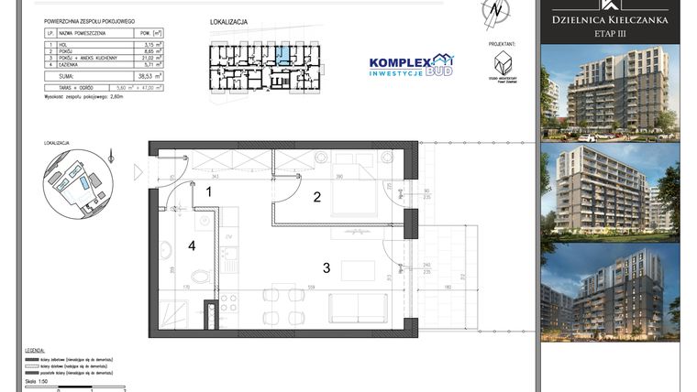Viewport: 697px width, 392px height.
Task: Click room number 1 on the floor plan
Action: click(x=209, y=192)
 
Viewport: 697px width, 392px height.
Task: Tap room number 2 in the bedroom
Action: click(x=316, y=196)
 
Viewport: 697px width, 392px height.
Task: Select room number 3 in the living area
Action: click(x=325, y=267)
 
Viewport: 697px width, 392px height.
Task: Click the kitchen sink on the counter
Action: click(x=227, y=247)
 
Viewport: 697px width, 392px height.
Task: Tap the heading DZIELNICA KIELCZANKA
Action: click(x=609, y=18)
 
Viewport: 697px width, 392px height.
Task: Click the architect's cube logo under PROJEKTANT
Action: click(x=502, y=63)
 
